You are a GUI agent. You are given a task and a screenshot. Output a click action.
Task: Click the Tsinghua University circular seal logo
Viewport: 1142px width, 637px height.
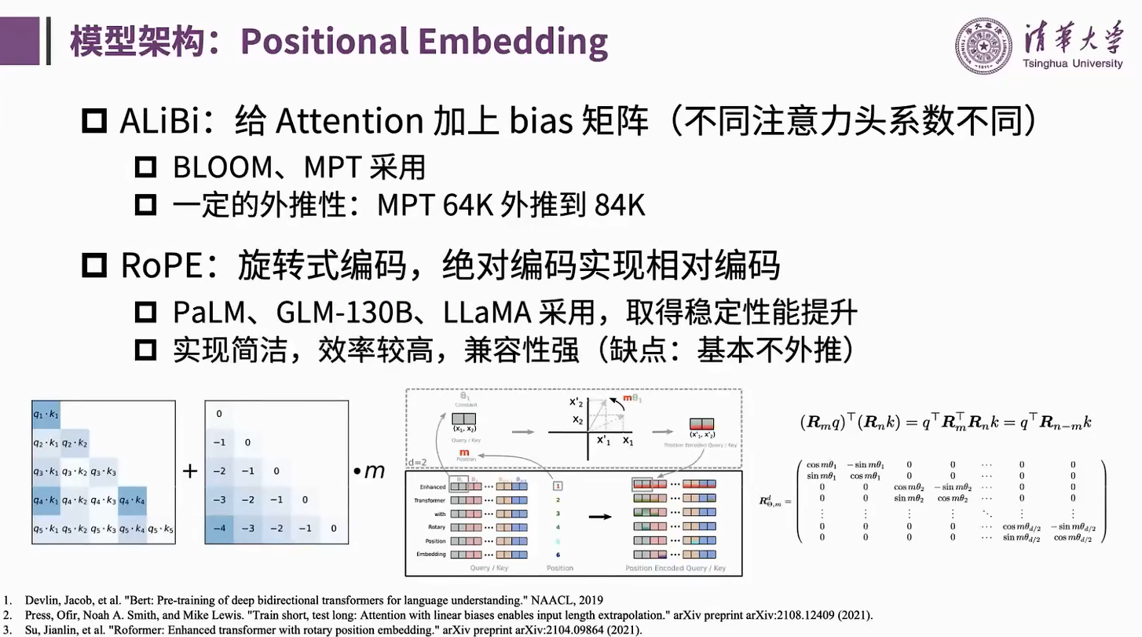coord(985,46)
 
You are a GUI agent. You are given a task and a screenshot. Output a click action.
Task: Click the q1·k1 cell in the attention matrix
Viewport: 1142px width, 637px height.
coord(46,414)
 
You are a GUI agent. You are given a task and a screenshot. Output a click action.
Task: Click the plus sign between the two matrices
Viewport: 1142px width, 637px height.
coord(189,471)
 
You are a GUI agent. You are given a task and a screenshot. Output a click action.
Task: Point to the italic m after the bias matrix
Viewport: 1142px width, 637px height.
coord(375,471)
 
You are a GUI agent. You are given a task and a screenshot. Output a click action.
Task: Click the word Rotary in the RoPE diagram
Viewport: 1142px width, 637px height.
coord(437,526)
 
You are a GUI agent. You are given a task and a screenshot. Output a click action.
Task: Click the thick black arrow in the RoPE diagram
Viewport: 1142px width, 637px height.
coord(600,516)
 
